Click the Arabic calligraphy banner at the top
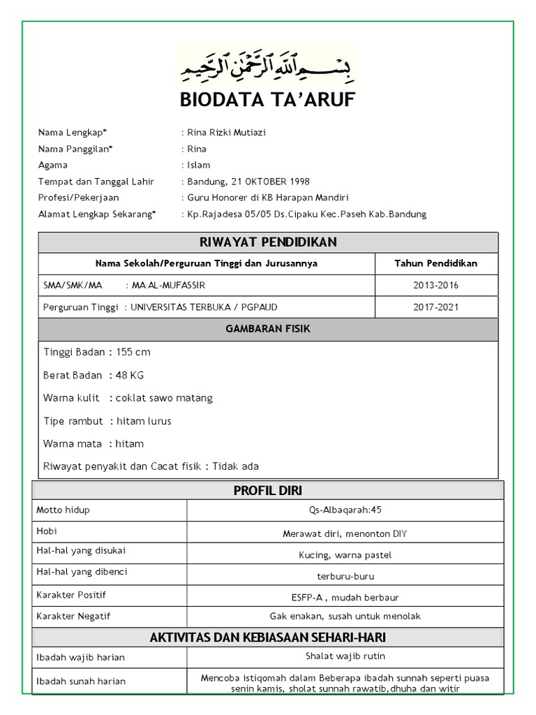click(268, 66)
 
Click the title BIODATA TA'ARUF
click(268, 101)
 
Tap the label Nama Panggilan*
click(75, 149)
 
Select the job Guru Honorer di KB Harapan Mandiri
click(268, 198)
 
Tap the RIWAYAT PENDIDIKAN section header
click(268, 242)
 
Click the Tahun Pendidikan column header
click(435, 263)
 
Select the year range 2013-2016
click(435, 285)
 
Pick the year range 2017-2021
click(435, 307)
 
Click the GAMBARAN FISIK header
click(268, 329)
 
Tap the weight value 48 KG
click(130, 375)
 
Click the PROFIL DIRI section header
click(268, 491)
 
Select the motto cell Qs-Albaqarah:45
click(345, 510)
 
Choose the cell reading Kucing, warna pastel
click(345, 556)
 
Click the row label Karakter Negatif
click(73, 617)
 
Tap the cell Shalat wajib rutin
click(345, 656)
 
